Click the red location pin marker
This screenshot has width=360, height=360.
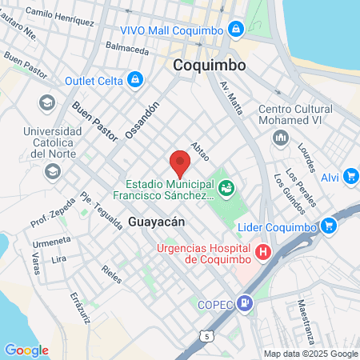point(180,163)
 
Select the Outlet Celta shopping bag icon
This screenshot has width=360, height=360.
point(136,78)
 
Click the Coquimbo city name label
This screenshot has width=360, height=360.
point(210,65)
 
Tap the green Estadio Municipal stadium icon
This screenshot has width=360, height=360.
point(226,188)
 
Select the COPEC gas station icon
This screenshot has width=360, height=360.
point(245,303)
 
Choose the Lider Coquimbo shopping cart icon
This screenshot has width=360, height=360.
point(328,226)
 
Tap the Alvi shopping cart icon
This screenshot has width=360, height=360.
point(350,177)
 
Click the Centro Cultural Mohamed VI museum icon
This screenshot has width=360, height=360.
point(280,138)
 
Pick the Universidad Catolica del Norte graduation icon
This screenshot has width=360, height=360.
point(52,170)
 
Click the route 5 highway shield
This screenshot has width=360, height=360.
point(207,336)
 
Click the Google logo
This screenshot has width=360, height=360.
point(26,350)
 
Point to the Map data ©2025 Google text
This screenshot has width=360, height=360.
point(311,354)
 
